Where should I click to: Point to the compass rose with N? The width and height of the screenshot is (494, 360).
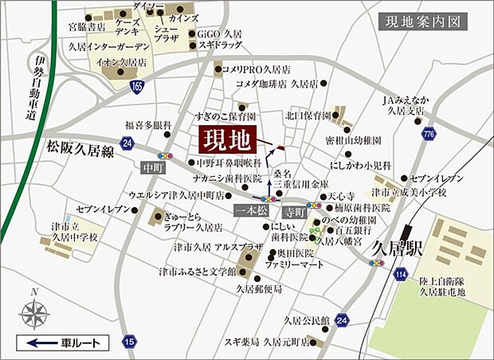pyautogui.click(x=33, y=311)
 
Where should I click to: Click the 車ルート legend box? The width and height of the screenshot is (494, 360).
pyautogui.click(x=61, y=343)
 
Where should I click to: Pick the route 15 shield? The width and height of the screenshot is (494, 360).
pyautogui.click(x=129, y=342)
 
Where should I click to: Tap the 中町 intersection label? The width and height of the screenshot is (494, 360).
pyautogui.click(x=151, y=168)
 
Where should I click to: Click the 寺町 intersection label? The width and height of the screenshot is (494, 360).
pyautogui.click(x=294, y=213)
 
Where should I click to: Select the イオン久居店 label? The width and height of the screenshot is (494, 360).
pyautogui.click(x=120, y=61)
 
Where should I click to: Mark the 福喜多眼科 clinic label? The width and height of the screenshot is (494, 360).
pyautogui.click(x=148, y=125)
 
